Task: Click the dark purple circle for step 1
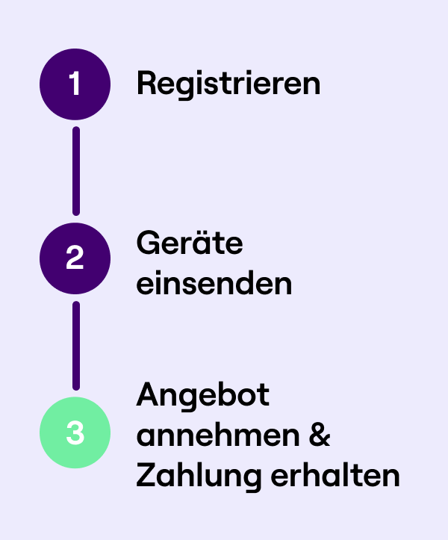(x=75, y=84)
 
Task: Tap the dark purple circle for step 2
(x=75, y=258)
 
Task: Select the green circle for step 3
(x=75, y=432)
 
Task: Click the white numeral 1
(x=75, y=83)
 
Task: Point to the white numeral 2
(x=75, y=257)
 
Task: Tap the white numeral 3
(x=75, y=432)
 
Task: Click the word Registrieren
(x=228, y=84)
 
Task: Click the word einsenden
(x=214, y=282)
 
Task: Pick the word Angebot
(x=203, y=397)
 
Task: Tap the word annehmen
(x=218, y=435)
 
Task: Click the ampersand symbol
(x=320, y=435)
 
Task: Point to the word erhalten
(x=335, y=474)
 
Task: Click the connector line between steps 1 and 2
(x=76, y=171)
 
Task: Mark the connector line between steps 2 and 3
(x=76, y=346)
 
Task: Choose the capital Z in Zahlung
(x=146, y=474)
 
